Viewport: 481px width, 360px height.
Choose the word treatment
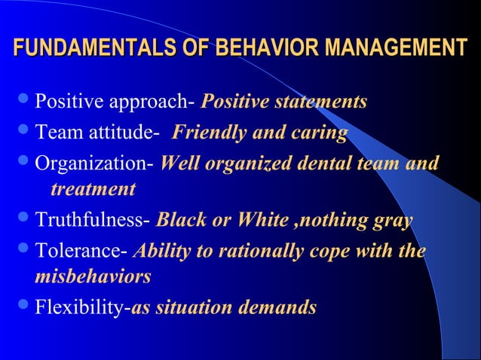(x=93, y=189)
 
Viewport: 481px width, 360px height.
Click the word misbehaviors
(x=93, y=276)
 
